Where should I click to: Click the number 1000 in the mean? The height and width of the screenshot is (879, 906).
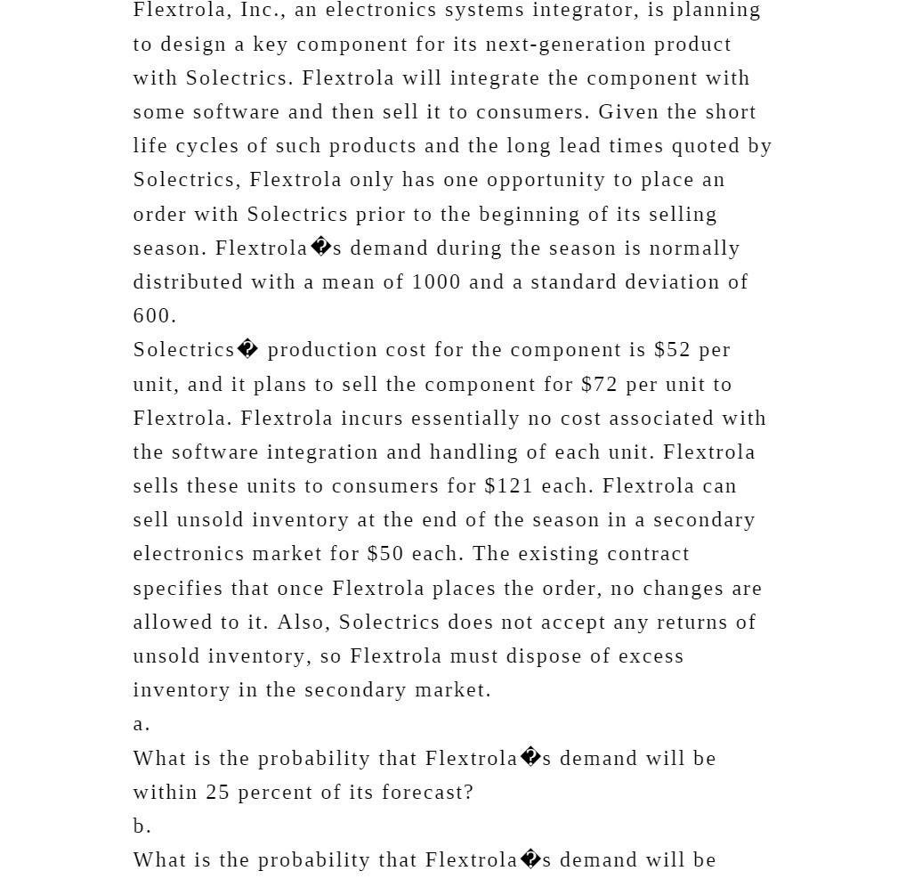pos(435,282)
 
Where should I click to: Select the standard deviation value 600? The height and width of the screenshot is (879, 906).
pos(154,316)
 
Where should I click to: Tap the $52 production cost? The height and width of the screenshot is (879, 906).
pos(672,350)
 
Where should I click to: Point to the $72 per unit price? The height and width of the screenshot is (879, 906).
pos(599,385)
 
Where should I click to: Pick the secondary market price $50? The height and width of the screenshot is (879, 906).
pos(384,554)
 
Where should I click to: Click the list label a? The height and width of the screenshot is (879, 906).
pos(142,724)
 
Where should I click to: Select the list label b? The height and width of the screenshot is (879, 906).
pos(142,826)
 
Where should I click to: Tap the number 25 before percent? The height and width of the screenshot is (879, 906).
pos(218,793)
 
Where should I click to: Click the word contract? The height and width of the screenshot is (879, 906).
pos(648,554)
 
